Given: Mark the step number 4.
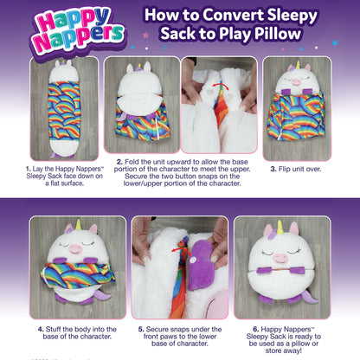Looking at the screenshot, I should point(40,330).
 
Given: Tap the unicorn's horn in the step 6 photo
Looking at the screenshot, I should point(280,228).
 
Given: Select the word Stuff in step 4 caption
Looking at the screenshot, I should point(57,330).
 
